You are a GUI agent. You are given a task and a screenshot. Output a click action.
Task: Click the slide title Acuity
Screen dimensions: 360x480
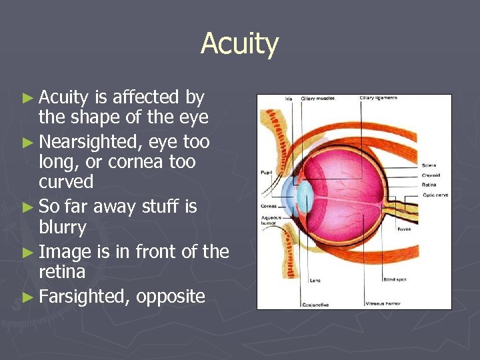239,45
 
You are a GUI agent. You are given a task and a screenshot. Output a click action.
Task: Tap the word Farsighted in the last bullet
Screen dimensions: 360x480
84,296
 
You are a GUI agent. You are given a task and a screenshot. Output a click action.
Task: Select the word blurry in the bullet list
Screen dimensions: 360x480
63,228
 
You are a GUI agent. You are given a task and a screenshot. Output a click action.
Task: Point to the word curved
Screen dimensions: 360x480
66,182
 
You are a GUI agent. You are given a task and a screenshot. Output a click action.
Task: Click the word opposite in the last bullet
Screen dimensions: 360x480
171,296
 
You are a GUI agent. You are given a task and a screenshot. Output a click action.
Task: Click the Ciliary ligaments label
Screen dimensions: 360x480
378,98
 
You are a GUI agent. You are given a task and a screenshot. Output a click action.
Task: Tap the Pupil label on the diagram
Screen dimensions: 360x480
266,173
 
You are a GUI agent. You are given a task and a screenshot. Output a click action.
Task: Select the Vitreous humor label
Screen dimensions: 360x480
383,303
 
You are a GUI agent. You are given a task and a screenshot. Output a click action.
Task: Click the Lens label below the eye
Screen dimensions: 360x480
315,281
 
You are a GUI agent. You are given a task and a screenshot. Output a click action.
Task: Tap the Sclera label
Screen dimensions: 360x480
430,165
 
